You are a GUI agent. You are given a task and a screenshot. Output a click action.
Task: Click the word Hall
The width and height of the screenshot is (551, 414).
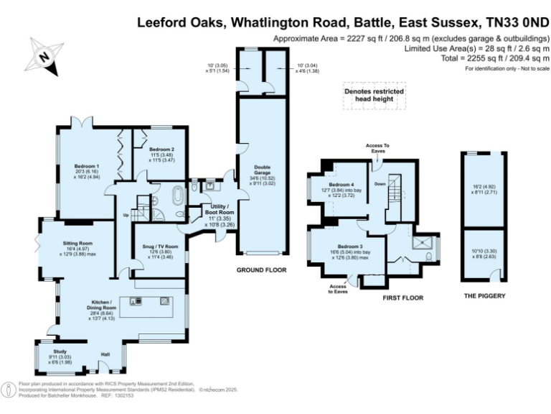point(105,355)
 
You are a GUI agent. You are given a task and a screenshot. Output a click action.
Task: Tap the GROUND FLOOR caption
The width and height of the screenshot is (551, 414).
point(262,270)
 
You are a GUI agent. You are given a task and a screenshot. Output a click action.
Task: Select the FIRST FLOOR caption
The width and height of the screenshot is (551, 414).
point(402,298)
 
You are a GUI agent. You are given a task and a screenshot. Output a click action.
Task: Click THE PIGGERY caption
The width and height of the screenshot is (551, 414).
point(484,296)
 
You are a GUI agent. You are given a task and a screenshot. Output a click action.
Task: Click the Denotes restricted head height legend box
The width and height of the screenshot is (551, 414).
point(374,96)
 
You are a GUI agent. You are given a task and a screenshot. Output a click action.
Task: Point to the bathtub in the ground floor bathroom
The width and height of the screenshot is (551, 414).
point(176,195)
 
